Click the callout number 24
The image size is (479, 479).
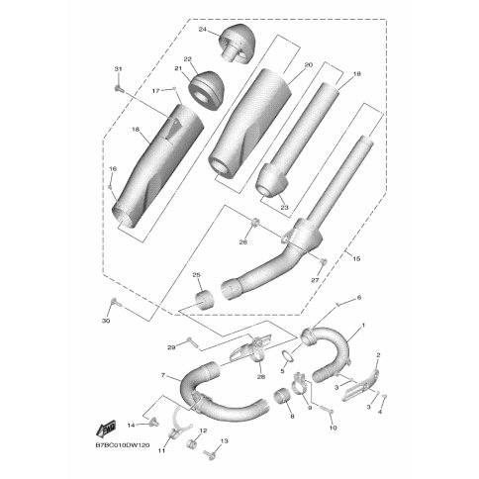pyautogui.click(x=202, y=30)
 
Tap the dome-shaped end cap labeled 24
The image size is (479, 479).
pyautogui.click(x=239, y=44)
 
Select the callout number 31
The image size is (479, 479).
pyautogui.click(x=118, y=69)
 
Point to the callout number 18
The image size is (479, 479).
pyautogui.click(x=136, y=130)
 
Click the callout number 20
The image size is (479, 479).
pyautogui.click(x=309, y=65)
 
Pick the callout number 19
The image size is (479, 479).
pyautogui.click(x=356, y=74)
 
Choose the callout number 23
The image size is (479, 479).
pyautogui.click(x=284, y=207)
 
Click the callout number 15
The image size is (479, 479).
pyautogui.click(x=356, y=258)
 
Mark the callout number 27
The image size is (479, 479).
pyautogui.click(x=315, y=280)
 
